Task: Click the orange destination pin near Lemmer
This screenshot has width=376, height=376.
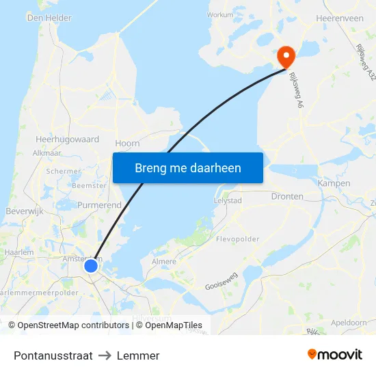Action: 284,55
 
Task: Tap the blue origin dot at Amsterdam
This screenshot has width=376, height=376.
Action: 91,265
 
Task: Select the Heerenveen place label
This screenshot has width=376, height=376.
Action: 340,18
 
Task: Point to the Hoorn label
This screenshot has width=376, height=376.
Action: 128,143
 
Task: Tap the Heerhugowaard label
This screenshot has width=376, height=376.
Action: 67,139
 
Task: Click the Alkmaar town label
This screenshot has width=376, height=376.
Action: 47,153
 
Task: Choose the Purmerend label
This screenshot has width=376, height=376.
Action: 100,204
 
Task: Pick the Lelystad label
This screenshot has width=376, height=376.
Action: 228,201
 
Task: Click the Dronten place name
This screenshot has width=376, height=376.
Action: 287,196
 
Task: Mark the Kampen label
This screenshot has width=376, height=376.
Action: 334,183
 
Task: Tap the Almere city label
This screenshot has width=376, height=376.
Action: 164,261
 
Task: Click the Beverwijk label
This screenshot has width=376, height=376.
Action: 25,211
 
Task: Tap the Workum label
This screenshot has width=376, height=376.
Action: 219,14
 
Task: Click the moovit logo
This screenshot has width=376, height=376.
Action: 334,355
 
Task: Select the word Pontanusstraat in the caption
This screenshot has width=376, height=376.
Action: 53,355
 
